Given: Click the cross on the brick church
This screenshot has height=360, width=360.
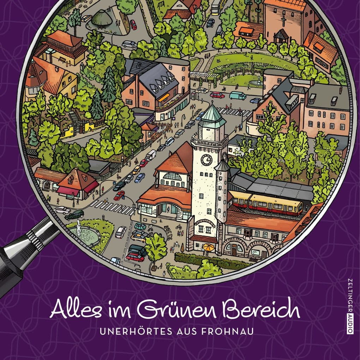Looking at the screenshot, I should pos(283,21).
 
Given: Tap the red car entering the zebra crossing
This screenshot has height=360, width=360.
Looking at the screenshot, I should pos(119,195).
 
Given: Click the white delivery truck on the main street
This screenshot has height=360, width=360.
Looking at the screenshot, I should pos(151,155).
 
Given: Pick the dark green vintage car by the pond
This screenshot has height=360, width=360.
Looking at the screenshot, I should pos(74,214).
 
